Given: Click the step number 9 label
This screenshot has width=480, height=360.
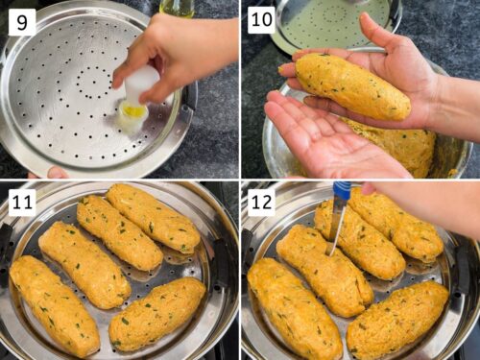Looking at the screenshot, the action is (x=22, y=22).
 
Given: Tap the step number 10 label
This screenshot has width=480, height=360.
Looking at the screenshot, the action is (x=262, y=20).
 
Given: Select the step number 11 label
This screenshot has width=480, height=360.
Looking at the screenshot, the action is (x=22, y=203).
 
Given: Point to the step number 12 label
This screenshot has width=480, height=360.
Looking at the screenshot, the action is (x=262, y=203).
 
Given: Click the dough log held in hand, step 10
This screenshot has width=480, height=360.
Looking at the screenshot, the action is (x=352, y=84).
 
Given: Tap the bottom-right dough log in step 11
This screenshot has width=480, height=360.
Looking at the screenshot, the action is (x=157, y=314).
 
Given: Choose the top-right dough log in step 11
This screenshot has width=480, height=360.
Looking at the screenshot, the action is (x=153, y=218).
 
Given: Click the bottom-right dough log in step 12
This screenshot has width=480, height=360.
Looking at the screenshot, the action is (x=397, y=320).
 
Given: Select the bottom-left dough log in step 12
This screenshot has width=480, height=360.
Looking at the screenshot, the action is (x=295, y=308).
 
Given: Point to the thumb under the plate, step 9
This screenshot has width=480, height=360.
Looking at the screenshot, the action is (x=58, y=173).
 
